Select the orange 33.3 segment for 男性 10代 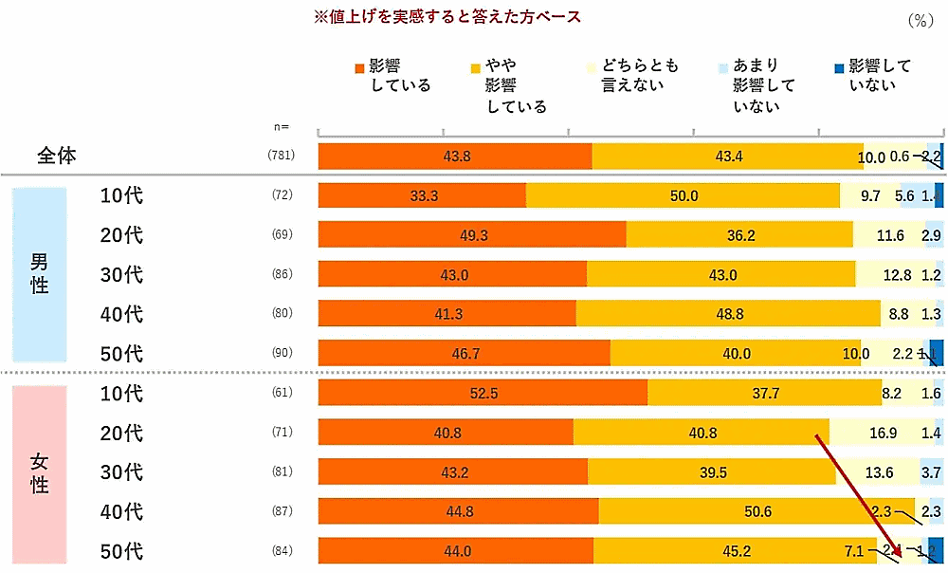422,195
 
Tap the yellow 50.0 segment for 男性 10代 683,195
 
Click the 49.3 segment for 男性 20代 472,234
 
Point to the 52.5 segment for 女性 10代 483,393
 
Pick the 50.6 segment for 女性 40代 757,512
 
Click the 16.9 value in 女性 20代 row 882,433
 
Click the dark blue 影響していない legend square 838,67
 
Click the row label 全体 57,157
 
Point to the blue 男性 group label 40,274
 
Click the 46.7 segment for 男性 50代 464,354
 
